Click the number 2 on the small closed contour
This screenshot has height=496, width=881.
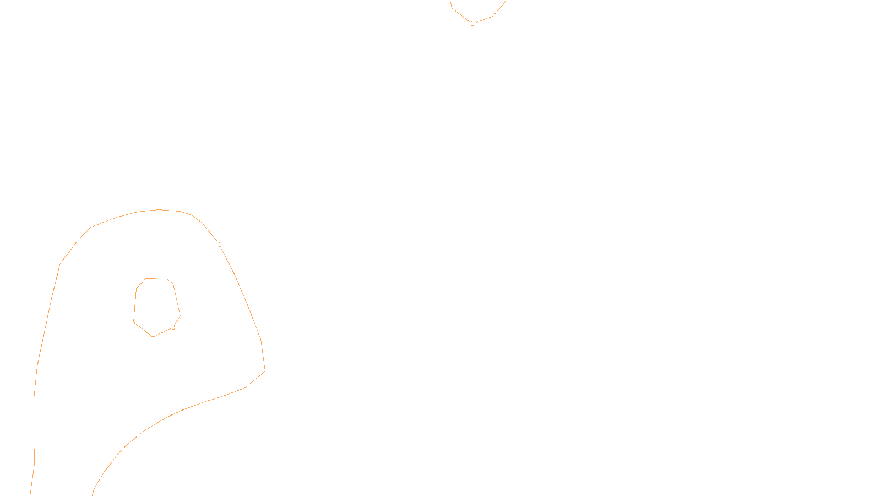(x=173, y=327)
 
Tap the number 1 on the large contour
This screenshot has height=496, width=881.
(x=220, y=245)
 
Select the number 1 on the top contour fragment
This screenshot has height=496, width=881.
(x=472, y=24)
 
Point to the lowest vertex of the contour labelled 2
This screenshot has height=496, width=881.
(x=153, y=337)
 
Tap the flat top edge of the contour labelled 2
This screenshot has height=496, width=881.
(x=157, y=279)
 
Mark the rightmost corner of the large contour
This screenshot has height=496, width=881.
(x=265, y=371)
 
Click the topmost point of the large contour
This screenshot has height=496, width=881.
(x=160, y=209)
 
